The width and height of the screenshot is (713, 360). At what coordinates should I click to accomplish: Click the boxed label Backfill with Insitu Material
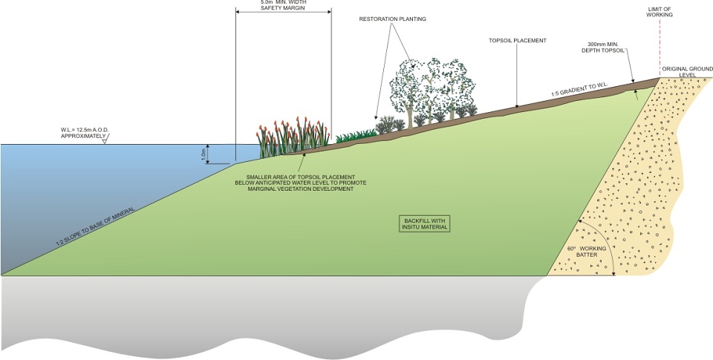pyautogui.click(x=424, y=223)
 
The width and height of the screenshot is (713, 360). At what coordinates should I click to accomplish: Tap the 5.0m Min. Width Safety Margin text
pyautogui.click(x=282, y=4)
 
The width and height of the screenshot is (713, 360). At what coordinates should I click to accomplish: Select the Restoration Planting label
pyautogui.click(x=392, y=19)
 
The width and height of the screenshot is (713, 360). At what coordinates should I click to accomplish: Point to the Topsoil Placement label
pyautogui.click(x=518, y=41)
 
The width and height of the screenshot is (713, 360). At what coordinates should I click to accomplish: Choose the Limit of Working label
pyautogui.click(x=660, y=12)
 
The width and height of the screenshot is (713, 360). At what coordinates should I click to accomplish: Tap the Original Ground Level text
pyautogui.click(x=687, y=71)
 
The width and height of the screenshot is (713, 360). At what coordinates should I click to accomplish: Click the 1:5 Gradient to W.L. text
pyautogui.click(x=579, y=89)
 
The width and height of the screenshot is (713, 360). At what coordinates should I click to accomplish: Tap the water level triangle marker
pyautogui.click(x=104, y=141)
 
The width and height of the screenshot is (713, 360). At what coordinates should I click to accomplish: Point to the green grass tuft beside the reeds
pyautogui.click(x=356, y=135)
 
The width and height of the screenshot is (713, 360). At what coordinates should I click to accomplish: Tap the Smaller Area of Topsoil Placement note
pyautogui.click(x=301, y=183)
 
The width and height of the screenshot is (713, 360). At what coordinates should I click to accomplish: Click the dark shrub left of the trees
pyautogui.click(x=385, y=125)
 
